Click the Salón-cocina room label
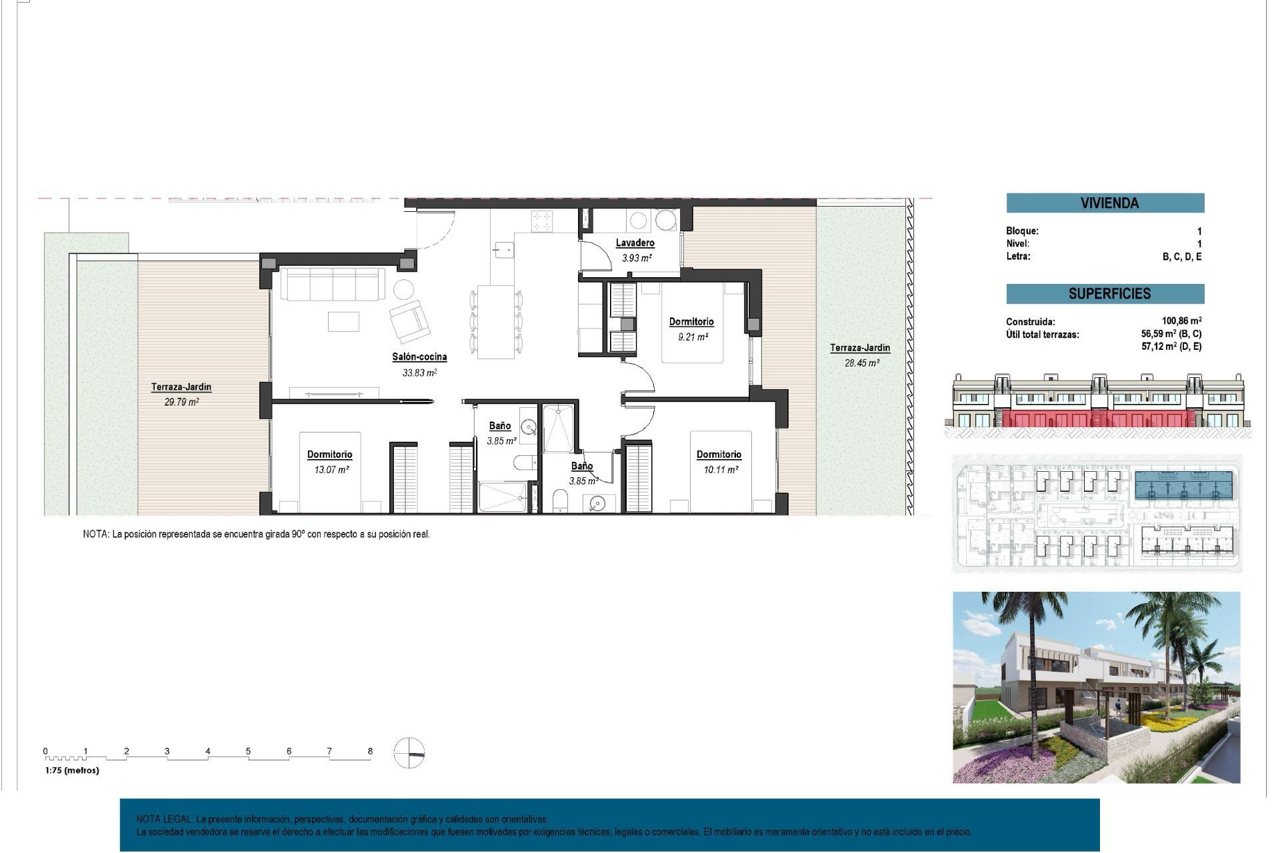click(419, 357)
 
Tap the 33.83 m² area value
click(419, 373)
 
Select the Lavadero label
click(635, 243)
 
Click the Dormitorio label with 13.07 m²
click(329, 454)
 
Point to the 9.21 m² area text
click(693, 337)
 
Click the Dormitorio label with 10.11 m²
click(719, 454)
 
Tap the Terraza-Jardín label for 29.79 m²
click(181, 387)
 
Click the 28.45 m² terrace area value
click(861, 363)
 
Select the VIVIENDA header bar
click(1105, 203)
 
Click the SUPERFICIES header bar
click(1105, 294)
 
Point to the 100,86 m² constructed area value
click(1181, 321)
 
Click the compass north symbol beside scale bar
click(409, 754)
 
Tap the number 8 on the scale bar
click(370, 751)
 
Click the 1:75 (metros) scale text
click(72, 770)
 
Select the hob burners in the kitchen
click(542, 221)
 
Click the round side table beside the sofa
click(403, 289)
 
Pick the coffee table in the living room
click(343, 321)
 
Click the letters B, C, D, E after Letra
click(1181, 257)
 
